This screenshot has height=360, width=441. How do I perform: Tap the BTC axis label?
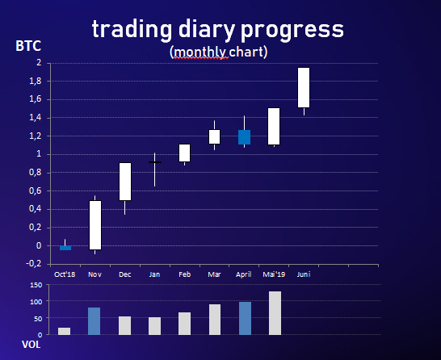pyautogui.click(x=28, y=46)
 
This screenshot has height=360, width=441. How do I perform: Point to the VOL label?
pyautogui.click(x=31, y=345)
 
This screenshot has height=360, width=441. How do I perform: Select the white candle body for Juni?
pyautogui.click(x=304, y=87)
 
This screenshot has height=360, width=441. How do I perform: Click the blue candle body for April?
pyautogui.click(x=245, y=137)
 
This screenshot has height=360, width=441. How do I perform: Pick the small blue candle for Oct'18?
pyautogui.click(x=65, y=248)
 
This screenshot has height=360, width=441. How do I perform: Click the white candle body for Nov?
pyautogui.click(x=95, y=225)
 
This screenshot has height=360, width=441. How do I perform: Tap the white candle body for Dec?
pyautogui.click(x=125, y=182)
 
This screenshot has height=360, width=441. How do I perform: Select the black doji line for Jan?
pyautogui.click(x=155, y=162)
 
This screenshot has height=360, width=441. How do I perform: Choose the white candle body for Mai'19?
pyautogui.click(x=274, y=126)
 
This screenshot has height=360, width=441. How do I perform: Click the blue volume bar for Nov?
pyautogui.click(x=94, y=321)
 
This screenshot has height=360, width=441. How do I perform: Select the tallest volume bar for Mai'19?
pyautogui.click(x=275, y=313)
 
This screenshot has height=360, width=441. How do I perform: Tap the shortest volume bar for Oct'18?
pyautogui.click(x=64, y=331)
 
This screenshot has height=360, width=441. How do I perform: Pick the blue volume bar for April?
pyautogui.click(x=245, y=318)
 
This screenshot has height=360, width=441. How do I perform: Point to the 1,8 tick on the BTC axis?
pyautogui.click(x=36, y=82)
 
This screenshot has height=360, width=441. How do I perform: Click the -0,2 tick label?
pyautogui.click(x=34, y=264)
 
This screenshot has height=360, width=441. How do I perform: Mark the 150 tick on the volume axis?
pyautogui.click(x=36, y=285)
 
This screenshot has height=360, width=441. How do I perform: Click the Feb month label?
pyautogui.click(x=184, y=274)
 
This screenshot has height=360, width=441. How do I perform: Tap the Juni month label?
pyautogui.click(x=304, y=274)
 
